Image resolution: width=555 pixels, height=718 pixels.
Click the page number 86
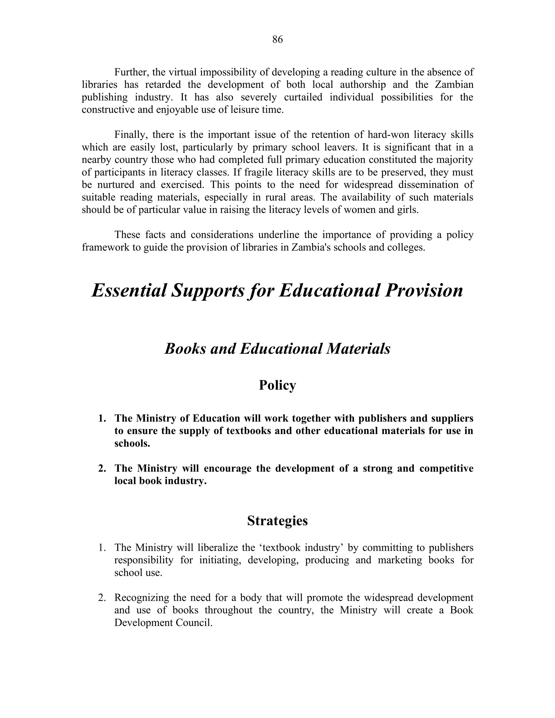point(277,40)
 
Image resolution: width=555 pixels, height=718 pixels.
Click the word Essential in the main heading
point(129,291)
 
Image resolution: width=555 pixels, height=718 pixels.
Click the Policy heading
point(277,385)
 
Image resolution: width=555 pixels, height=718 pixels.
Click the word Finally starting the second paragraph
point(131,135)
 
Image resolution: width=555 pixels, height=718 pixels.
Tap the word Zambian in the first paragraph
point(454,85)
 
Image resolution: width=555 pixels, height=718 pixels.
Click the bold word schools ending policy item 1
point(131,444)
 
